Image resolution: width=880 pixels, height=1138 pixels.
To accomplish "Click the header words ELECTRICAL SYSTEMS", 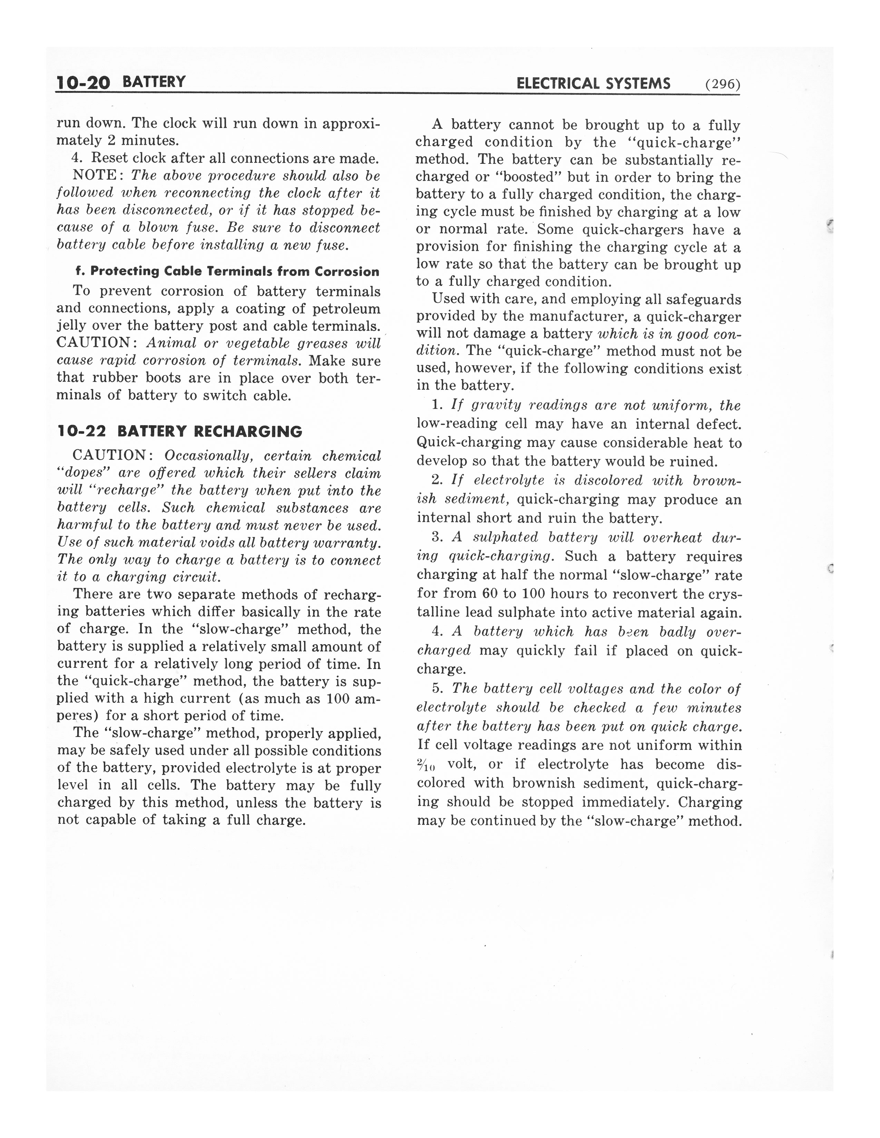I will pos(593,84).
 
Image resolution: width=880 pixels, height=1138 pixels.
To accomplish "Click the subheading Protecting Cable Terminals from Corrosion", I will pos(227,271).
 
